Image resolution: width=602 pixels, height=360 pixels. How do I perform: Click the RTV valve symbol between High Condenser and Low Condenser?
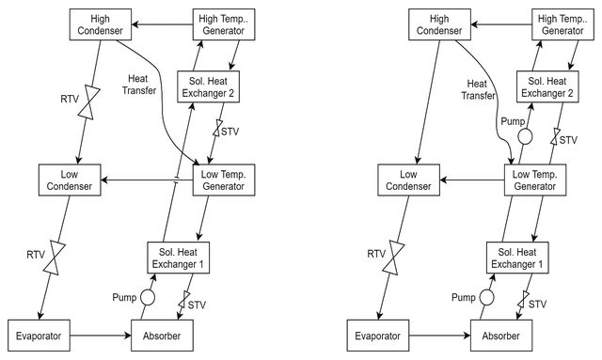pos(89,102)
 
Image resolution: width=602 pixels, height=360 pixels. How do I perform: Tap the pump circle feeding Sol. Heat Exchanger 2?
pos(525,136)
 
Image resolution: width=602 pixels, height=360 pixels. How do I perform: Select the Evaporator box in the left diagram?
pos(40,336)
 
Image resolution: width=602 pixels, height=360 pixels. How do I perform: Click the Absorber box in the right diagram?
pos(501,336)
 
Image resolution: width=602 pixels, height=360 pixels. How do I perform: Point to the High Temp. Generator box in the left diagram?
pos(224,24)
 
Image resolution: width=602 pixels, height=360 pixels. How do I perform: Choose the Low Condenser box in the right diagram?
pos(408,180)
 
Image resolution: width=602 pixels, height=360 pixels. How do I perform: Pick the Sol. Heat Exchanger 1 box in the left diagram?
pos(178,258)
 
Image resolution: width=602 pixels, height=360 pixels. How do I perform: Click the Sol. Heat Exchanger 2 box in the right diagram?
pos(547,86)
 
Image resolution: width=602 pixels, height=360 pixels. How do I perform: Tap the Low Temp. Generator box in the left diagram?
pos(224,180)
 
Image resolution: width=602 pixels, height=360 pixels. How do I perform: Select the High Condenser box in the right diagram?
pos(439,24)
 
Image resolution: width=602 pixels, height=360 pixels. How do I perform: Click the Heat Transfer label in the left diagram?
pos(138,85)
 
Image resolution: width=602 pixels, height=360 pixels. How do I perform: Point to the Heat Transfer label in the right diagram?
pos(478,89)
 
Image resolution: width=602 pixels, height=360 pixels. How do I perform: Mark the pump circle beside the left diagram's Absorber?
pos(148,297)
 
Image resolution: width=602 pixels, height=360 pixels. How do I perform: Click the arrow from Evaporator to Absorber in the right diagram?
pos(440,336)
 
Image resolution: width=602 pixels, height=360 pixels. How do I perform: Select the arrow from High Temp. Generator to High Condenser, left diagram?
pos(163,25)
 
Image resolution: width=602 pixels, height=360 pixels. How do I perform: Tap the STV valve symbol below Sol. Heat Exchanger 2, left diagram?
pos(217,128)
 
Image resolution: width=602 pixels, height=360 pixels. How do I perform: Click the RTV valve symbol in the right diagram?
pos(393,258)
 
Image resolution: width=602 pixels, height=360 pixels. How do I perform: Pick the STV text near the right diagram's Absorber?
pos(537,304)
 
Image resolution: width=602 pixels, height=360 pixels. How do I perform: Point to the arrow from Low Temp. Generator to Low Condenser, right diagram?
pos(472,180)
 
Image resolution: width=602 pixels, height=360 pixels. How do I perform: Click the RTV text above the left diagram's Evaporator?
pos(36,255)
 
